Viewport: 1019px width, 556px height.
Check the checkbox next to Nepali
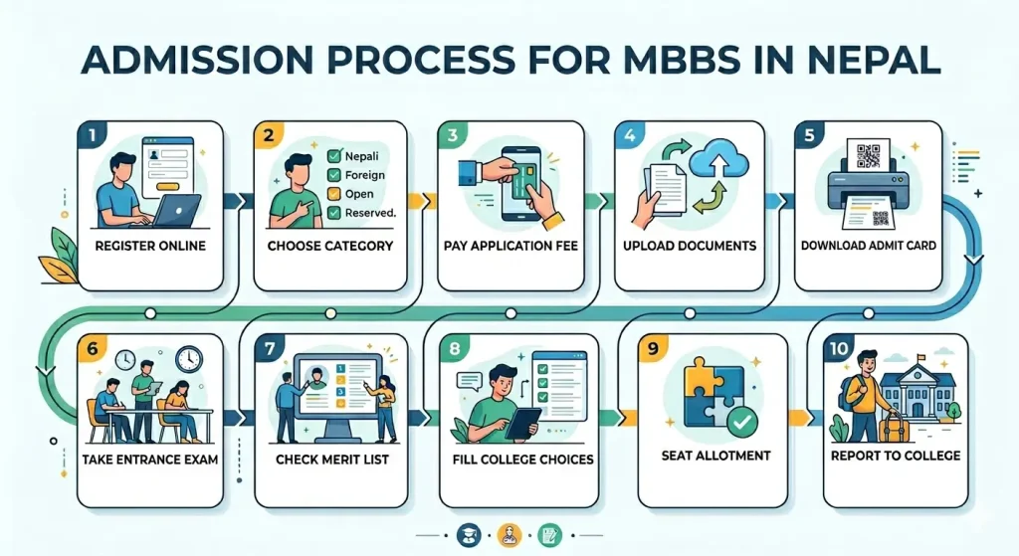[335, 155]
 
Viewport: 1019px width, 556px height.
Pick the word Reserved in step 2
[370, 212]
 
